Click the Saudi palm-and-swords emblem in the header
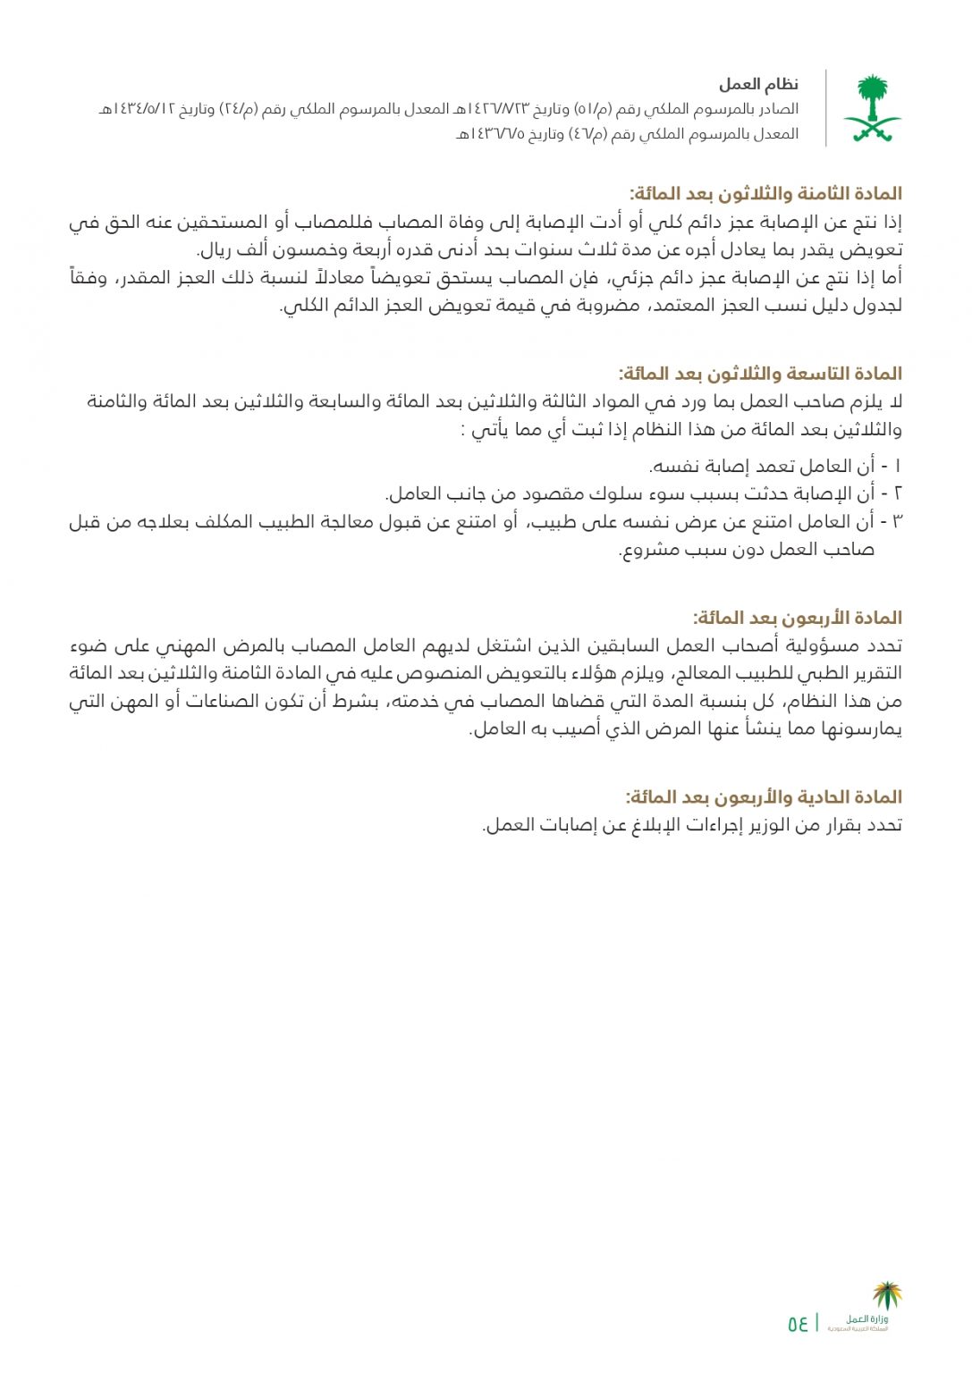[x=871, y=109]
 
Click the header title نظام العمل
[x=758, y=85]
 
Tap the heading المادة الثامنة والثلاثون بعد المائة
[x=765, y=194]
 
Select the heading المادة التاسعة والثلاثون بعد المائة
[x=760, y=374]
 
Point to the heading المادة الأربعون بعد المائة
[x=798, y=618]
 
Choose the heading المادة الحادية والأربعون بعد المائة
[x=764, y=797]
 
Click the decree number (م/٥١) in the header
[x=592, y=110]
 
